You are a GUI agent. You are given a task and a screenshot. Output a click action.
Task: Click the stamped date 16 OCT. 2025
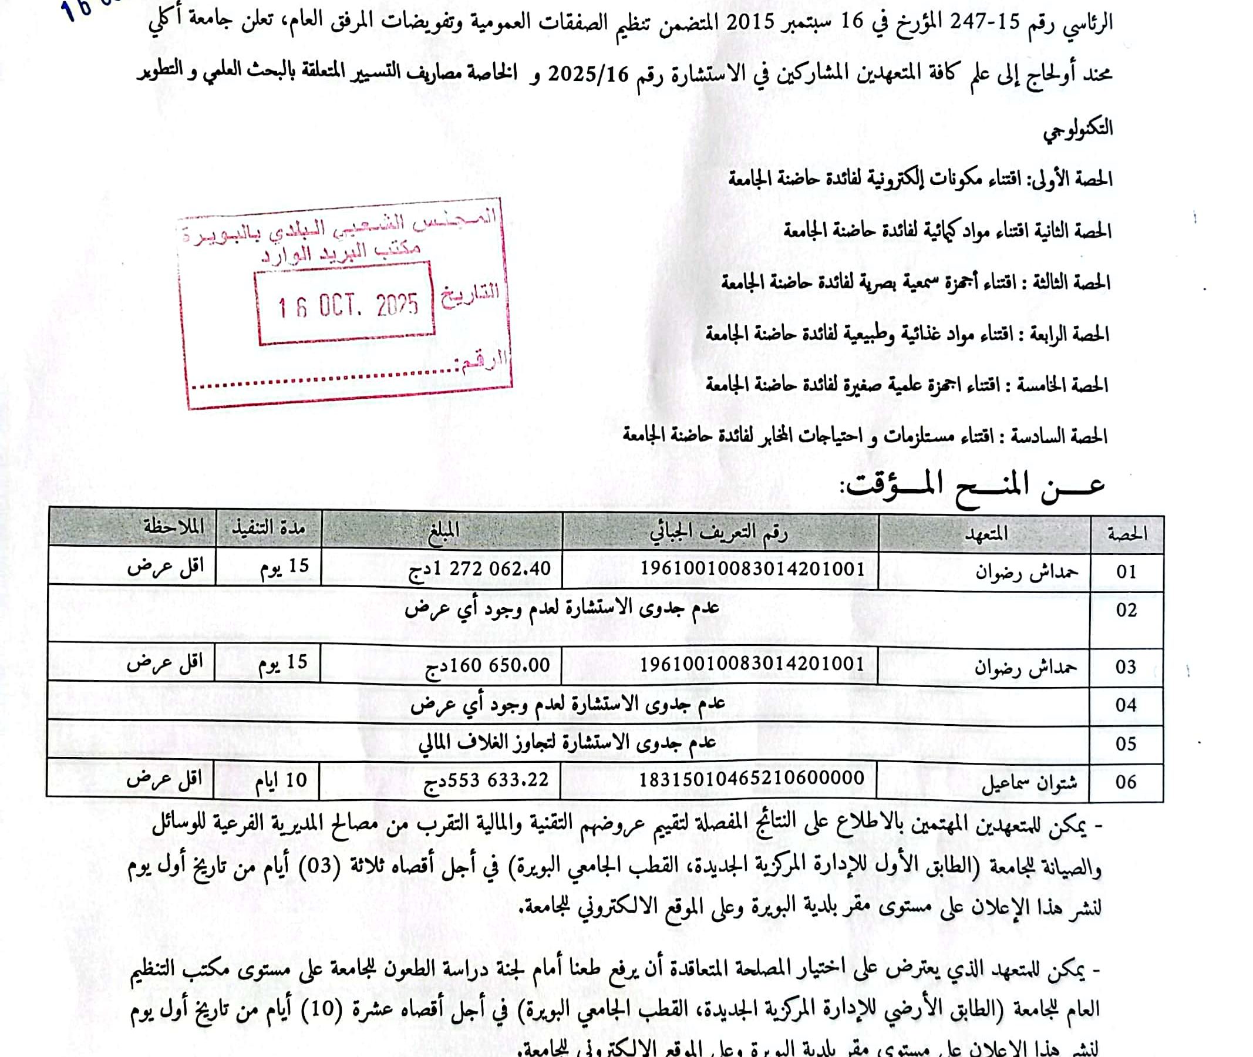347,306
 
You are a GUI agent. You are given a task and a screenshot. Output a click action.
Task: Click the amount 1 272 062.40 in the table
479,568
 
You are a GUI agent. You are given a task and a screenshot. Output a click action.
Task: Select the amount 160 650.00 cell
487,665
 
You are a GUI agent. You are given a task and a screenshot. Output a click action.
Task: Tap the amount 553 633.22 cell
486,780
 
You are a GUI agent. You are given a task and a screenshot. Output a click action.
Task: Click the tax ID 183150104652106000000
752,779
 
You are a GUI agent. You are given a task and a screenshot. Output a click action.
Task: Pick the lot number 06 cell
1126,782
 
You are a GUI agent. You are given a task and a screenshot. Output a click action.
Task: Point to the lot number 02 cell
1126,611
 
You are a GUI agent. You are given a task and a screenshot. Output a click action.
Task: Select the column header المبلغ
443,530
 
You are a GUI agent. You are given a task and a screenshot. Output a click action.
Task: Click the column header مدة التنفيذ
268,528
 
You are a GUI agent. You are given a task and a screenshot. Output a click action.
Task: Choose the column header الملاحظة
174,527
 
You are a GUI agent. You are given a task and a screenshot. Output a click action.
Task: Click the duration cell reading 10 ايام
281,780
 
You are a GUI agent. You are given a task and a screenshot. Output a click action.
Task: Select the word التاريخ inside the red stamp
470,294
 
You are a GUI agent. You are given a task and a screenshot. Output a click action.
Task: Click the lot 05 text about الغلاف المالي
567,743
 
